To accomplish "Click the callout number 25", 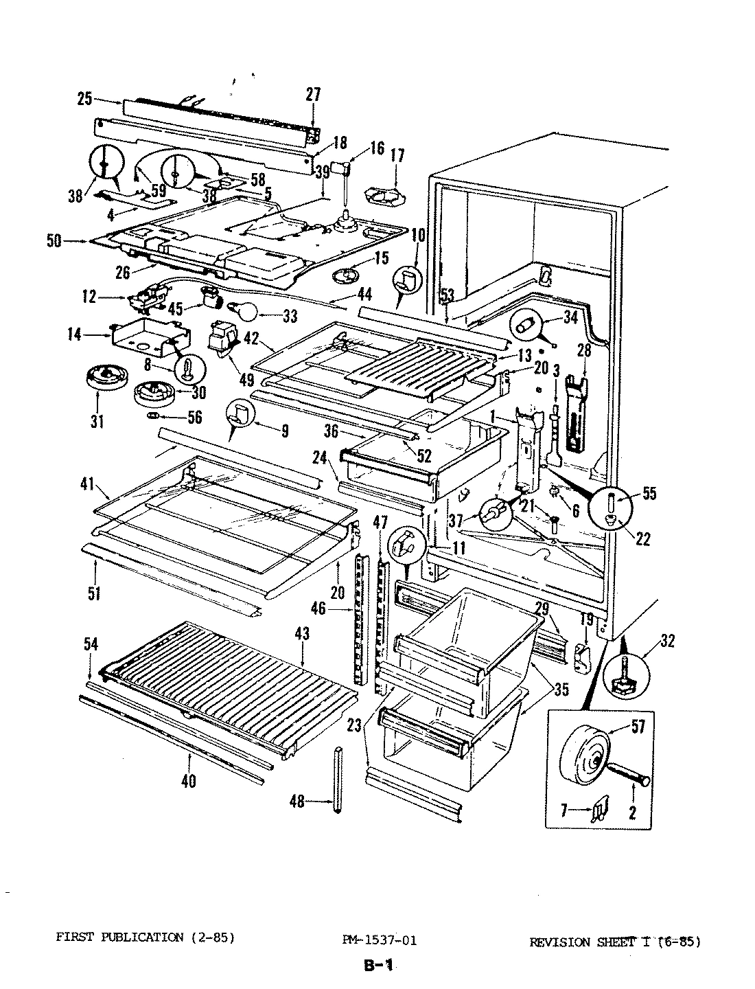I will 84,100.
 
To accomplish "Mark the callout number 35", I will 561,690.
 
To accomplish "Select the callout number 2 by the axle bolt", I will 631,812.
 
